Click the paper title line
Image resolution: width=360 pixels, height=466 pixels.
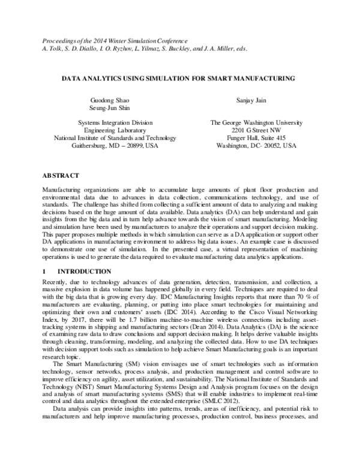point(179,78)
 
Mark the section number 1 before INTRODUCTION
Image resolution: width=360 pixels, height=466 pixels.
point(44,271)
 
